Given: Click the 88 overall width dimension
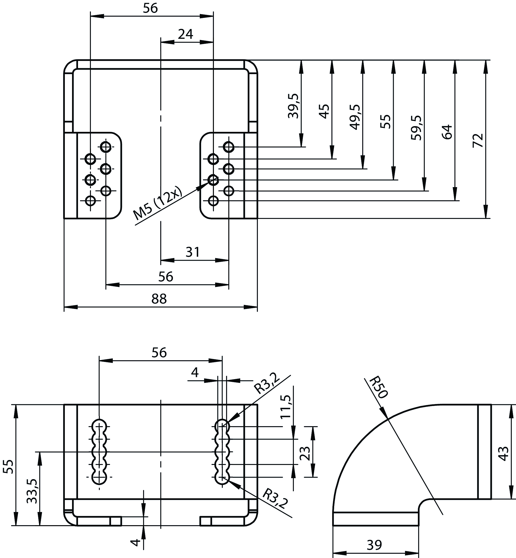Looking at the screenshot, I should [x=159, y=299].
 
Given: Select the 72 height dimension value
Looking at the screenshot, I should [x=478, y=140].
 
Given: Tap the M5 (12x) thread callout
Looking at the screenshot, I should [x=158, y=203].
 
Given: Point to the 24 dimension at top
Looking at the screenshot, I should [x=186, y=34].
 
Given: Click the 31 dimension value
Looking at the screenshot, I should [x=193, y=252].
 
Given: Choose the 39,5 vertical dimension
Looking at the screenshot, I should [x=293, y=106].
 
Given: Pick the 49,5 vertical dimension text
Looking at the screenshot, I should [x=355, y=117].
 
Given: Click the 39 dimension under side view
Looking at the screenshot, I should [x=374, y=545].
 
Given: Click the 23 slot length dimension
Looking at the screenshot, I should [x=305, y=453].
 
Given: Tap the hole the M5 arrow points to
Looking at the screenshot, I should [x=213, y=180].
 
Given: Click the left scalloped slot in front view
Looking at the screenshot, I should [x=99, y=452].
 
